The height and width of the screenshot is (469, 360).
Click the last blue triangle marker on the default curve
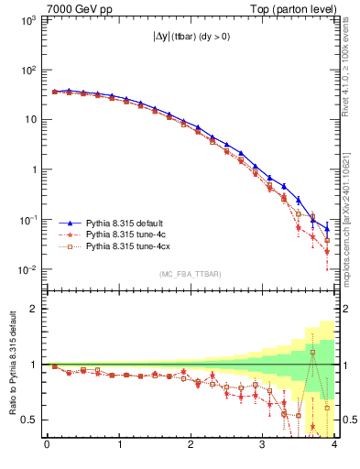327,229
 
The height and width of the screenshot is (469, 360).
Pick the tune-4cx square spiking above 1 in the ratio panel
312,352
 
